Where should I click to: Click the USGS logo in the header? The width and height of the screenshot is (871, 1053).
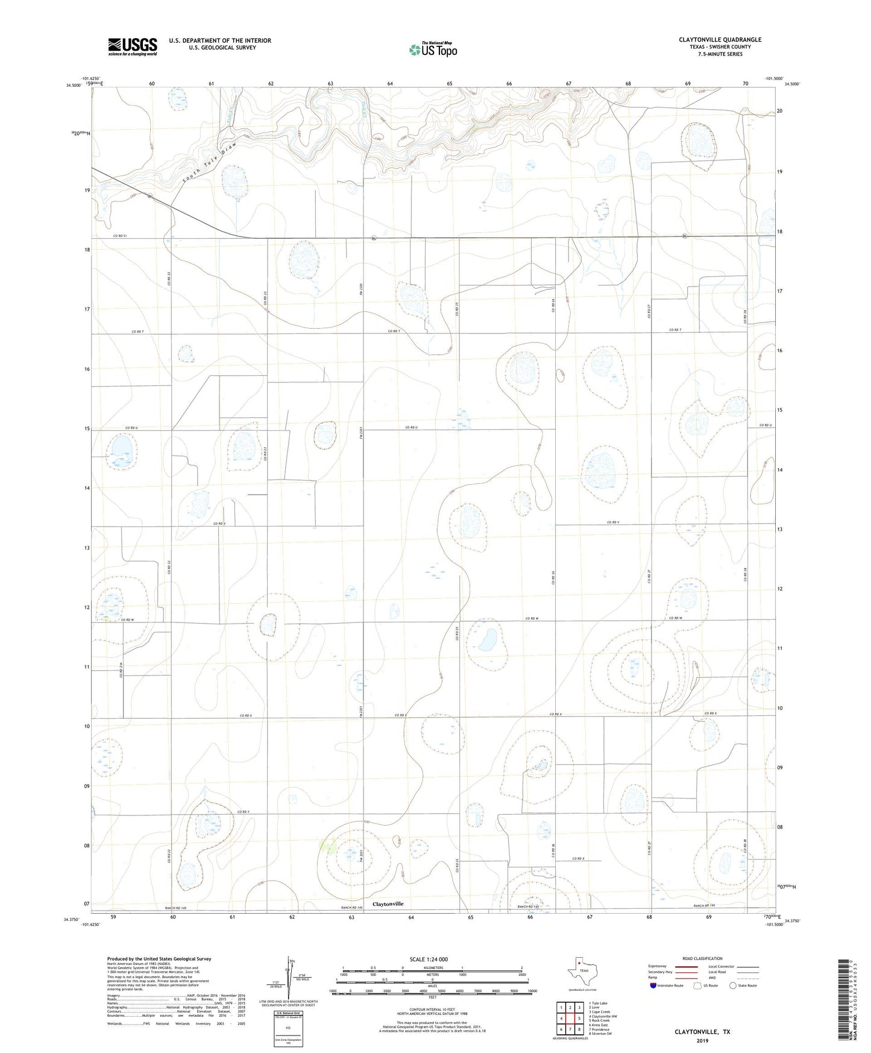pos(132,46)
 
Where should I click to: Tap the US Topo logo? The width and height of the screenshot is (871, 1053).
pos(432,49)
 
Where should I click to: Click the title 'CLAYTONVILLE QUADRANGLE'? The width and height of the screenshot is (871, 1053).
pos(720,40)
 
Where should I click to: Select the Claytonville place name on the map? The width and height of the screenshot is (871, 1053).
pos(388,904)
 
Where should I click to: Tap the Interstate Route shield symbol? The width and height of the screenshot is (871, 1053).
pos(654,986)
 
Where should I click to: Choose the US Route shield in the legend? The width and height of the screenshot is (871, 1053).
pos(699,986)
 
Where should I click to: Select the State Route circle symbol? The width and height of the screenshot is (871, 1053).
pos(733,986)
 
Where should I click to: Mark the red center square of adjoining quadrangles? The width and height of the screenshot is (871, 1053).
pos(570,1019)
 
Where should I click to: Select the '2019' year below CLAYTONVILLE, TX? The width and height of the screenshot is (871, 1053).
pos(702,1040)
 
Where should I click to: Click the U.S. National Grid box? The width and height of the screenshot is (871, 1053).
pos(288,1026)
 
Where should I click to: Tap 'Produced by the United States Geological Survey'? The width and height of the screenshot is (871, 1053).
pos(159,958)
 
